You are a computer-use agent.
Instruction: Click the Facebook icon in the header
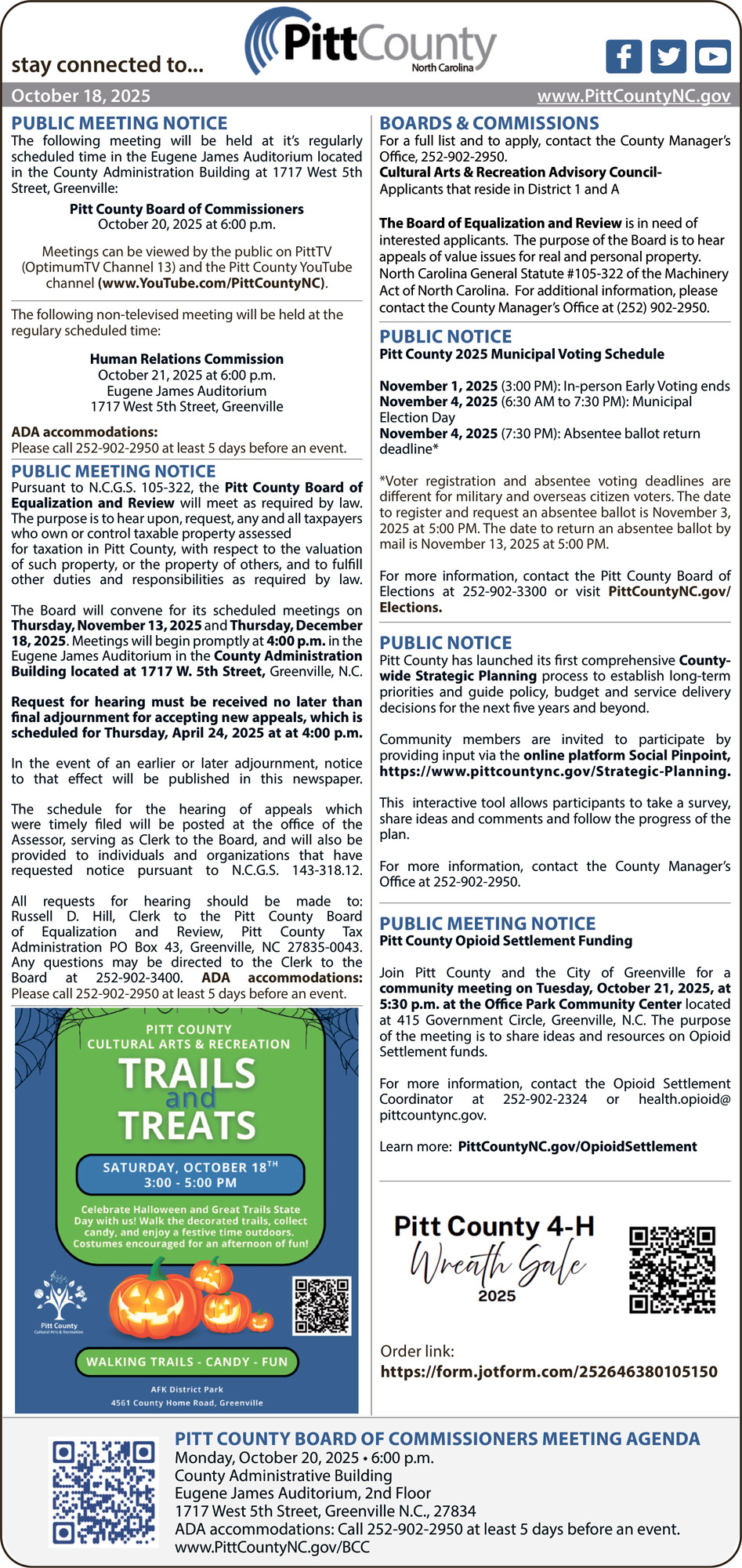(x=624, y=56)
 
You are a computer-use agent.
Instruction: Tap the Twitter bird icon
(x=668, y=56)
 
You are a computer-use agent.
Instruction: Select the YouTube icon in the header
(x=712, y=56)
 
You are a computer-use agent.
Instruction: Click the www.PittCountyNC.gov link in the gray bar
(x=633, y=96)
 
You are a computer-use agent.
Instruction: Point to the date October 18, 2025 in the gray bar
(x=81, y=96)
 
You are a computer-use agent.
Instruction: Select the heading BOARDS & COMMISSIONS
(x=489, y=123)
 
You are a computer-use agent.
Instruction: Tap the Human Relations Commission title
(x=186, y=359)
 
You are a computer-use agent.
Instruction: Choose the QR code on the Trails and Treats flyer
(x=321, y=1305)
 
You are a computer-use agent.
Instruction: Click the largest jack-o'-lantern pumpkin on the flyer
(x=154, y=1302)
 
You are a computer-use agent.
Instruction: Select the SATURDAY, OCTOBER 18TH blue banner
(x=190, y=1174)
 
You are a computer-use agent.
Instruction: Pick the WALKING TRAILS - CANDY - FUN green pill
(x=186, y=1362)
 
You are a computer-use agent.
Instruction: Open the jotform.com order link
(x=548, y=1371)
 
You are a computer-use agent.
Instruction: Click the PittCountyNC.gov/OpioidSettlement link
(x=577, y=1146)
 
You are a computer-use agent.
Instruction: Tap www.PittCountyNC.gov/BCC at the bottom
(x=272, y=1547)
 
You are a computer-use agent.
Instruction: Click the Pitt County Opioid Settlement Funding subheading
(x=505, y=941)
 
